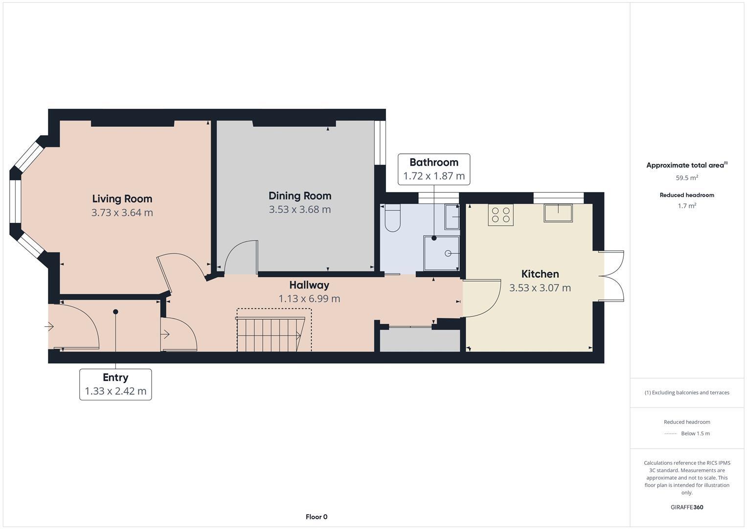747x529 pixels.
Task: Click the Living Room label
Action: tap(122, 199)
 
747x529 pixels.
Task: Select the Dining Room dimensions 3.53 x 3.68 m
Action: tap(299, 210)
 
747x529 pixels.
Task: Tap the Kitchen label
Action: tap(540, 274)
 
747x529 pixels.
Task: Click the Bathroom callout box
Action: tap(433, 169)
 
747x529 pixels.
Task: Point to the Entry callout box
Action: tap(115, 385)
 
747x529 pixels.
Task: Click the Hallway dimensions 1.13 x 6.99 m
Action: tap(309, 299)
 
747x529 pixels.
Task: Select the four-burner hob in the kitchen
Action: tap(500, 215)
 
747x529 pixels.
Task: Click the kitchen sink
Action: tap(558, 214)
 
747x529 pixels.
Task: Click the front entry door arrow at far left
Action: tap(49, 326)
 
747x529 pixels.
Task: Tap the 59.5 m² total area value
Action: tap(686, 178)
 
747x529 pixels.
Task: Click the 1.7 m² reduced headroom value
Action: tap(686, 206)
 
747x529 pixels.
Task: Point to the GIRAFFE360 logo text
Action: tap(686, 507)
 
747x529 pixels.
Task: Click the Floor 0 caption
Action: tap(316, 517)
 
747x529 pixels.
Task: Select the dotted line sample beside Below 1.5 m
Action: tap(671, 433)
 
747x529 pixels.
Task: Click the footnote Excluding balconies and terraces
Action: tap(686, 392)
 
